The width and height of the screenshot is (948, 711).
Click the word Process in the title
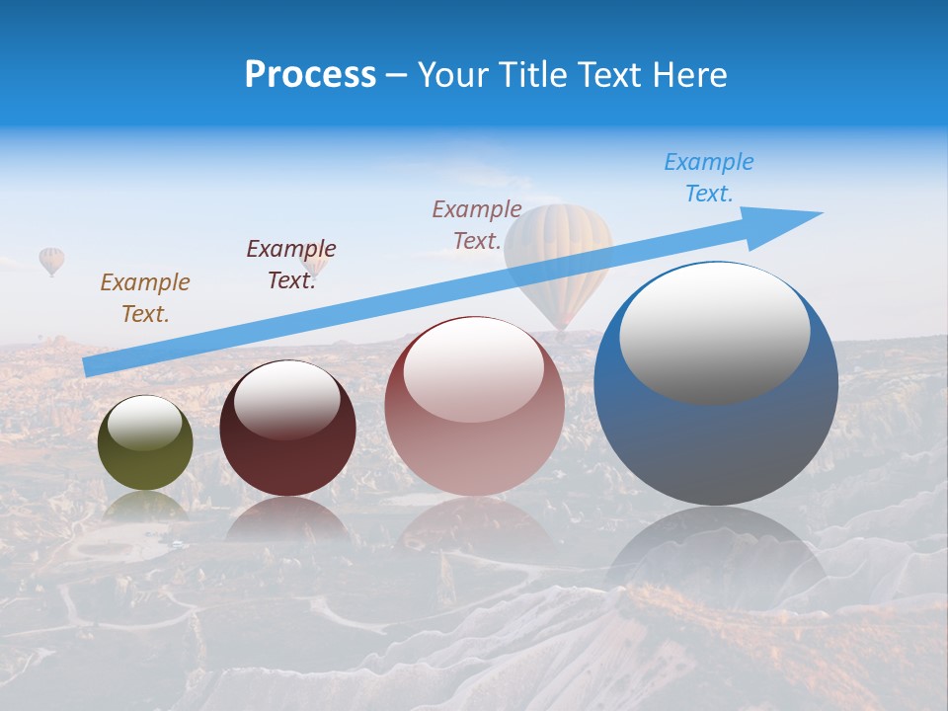point(310,75)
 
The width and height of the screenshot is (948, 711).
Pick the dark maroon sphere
point(287,454)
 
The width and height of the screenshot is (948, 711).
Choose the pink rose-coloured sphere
point(474,444)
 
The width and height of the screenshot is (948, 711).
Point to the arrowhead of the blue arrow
point(790,219)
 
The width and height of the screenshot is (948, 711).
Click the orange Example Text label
point(145,298)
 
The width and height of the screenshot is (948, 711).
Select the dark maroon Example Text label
point(291,265)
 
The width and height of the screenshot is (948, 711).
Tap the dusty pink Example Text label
point(477,224)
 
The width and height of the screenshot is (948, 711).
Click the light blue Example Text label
point(709,178)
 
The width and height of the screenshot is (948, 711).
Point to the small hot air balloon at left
point(51,261)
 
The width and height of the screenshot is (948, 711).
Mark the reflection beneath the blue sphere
point(716,553)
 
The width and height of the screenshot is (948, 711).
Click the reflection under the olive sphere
point(145,506)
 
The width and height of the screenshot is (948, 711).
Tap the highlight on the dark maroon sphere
point(287,400)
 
